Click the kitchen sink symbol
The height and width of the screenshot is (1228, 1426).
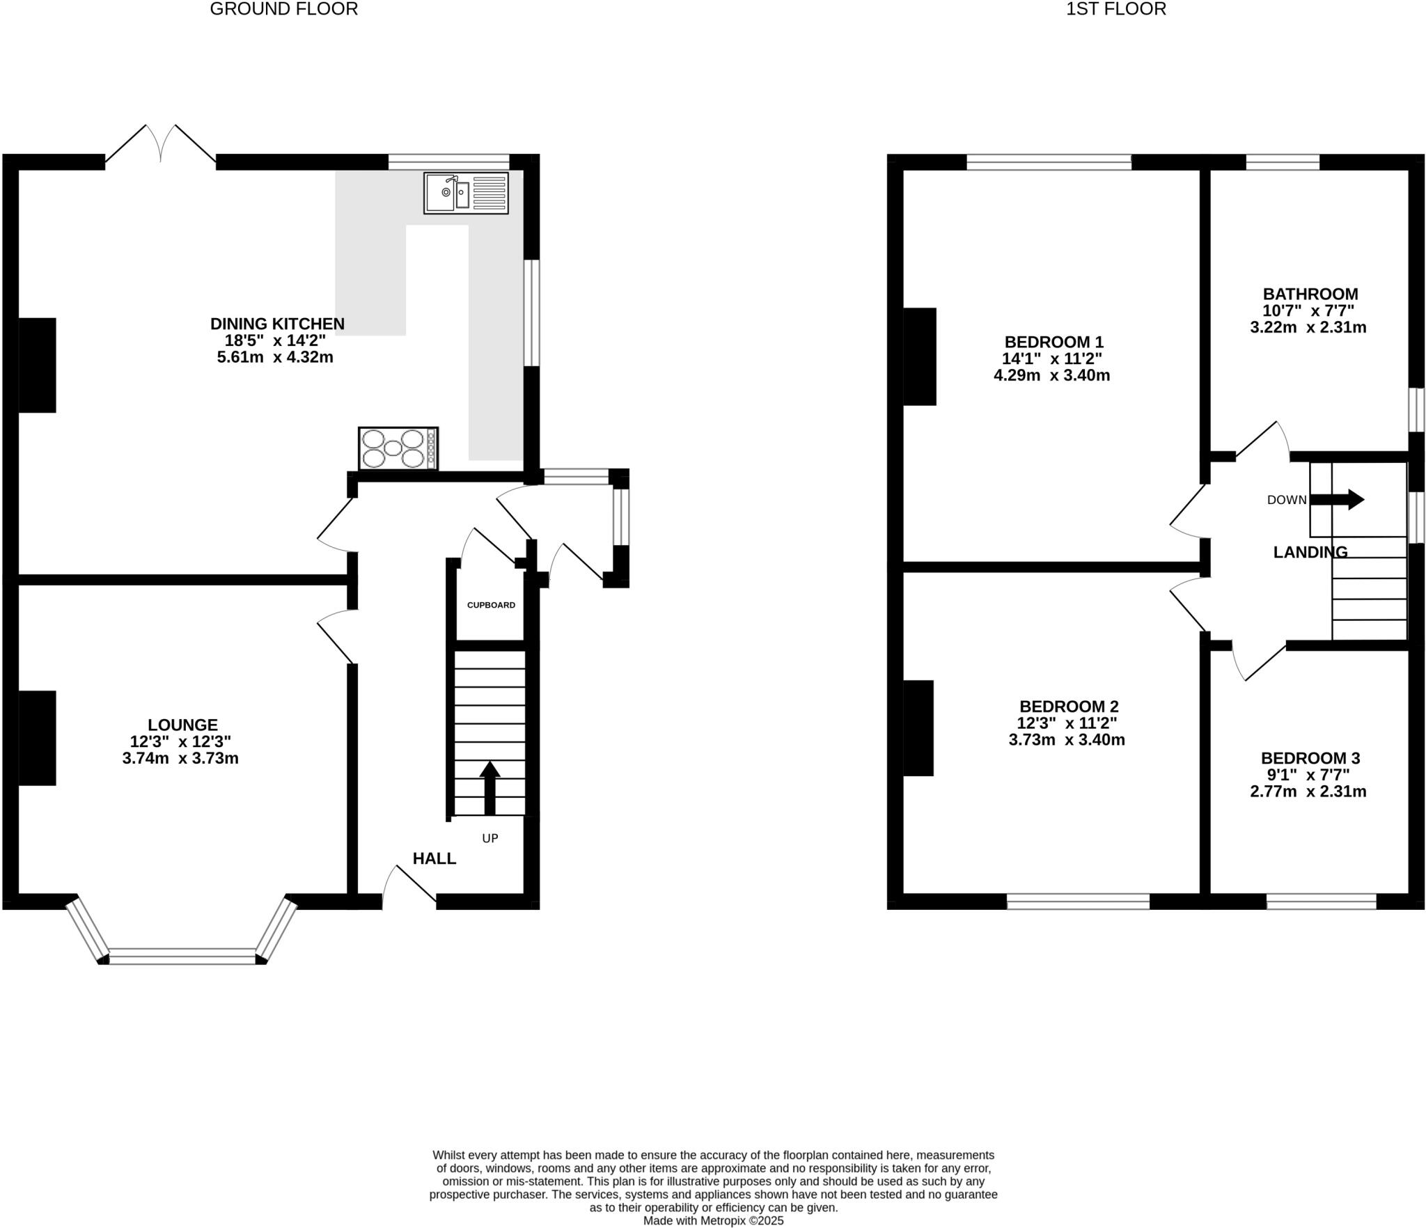tap(466, 193)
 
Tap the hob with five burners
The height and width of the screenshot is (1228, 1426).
tap(398, 448)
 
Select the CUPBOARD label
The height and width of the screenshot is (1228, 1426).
tap(491, 605)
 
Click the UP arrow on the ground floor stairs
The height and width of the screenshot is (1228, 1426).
tap(489, 787)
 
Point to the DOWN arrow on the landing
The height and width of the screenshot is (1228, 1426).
tap(1336, 499)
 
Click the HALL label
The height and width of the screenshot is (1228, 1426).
tap(434, 859)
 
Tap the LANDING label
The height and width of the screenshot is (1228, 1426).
tap(1310, 552)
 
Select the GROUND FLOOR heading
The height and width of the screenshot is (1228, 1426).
tap(283, 9)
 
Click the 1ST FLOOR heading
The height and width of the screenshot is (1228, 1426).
tap(1115, 9)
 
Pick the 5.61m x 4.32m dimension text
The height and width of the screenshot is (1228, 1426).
tap(275, 358)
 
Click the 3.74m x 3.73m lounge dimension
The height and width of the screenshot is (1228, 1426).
tap(180, 759)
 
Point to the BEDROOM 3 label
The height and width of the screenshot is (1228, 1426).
tap(1310, 758)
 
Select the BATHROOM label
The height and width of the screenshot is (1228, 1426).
tap(1310, 294)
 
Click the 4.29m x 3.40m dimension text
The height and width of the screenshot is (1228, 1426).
tap(1051, 376)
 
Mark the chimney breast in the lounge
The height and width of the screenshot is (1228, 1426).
tap(37, 738)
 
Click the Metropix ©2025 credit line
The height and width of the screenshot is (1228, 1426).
tap(713, 1220)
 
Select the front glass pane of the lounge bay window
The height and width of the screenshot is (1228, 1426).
tap(182, 956)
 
